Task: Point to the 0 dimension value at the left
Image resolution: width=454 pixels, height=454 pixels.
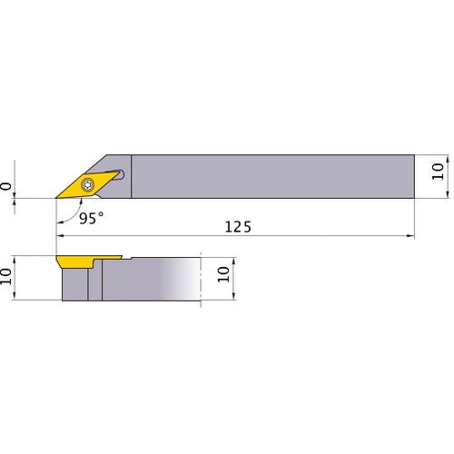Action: [x=7, y=185]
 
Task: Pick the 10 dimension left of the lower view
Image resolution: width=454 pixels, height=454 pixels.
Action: [x=7, y=276]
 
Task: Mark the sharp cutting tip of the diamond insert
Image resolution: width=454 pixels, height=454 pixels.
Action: [x=57, y=197]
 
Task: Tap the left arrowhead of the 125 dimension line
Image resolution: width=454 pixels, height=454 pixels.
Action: [x=61, y=236]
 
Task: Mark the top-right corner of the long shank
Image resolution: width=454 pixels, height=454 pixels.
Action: [x=414, y=155]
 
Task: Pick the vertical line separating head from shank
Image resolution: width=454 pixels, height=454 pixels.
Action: [x=133, y=177]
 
